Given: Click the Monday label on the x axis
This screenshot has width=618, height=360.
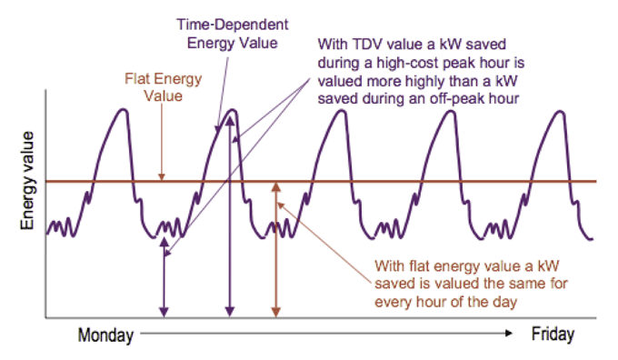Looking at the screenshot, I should click(x=106, y=335).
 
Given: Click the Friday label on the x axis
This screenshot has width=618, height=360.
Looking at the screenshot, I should click(x=553, y=335).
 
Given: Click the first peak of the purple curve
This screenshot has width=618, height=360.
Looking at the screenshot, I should click(x=123, y=111).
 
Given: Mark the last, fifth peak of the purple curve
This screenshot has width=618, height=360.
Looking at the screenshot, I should click(x=556, y=111).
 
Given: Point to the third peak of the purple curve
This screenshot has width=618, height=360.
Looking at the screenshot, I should click(x=339, y=111).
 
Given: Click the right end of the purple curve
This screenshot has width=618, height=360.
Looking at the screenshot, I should click(x=592, y=239).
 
